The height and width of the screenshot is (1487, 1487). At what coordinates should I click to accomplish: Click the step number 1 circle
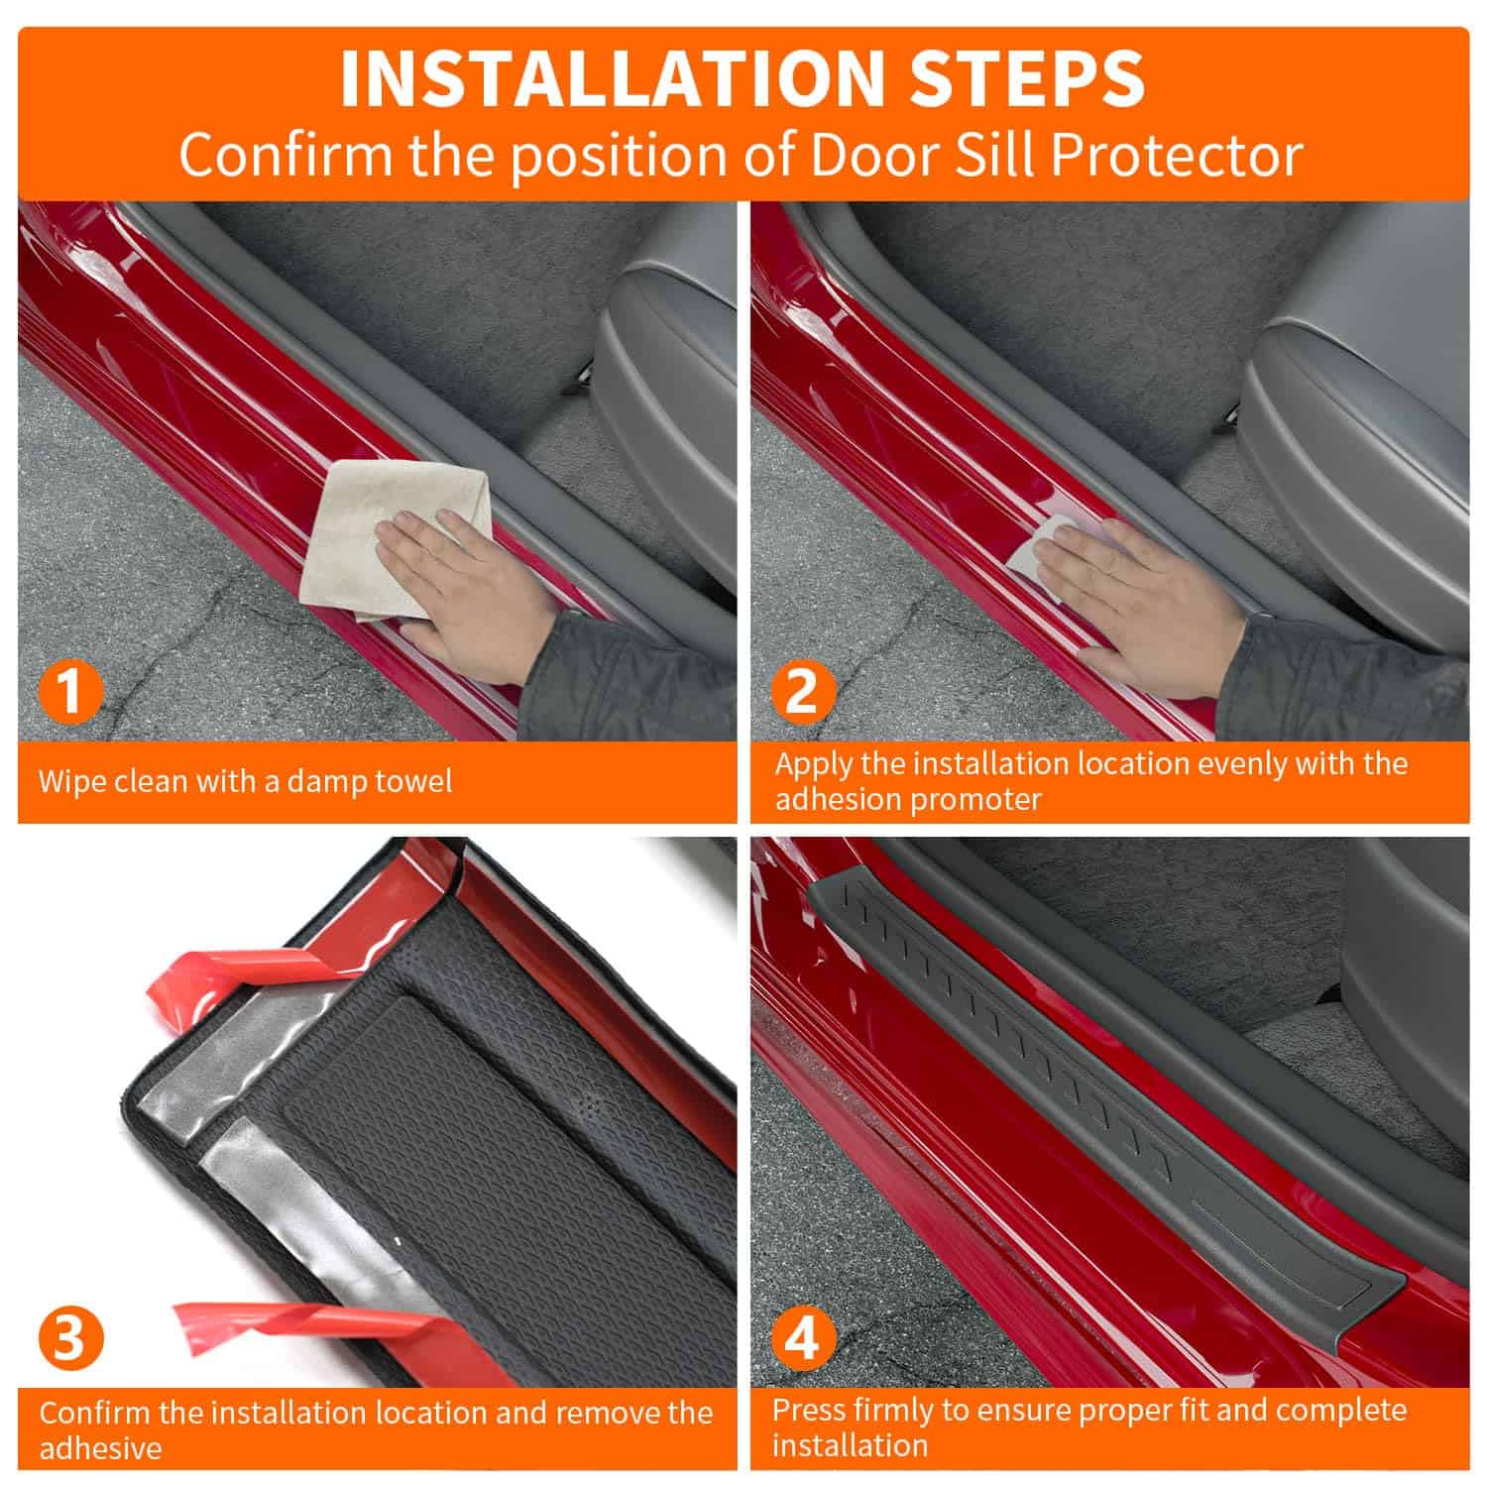point(70,690)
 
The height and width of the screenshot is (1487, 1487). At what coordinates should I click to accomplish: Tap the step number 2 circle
point(801,690)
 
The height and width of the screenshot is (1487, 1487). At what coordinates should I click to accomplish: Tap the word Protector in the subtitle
point(1176,156)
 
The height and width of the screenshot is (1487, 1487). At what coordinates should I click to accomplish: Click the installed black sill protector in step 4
point(1090,1090)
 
